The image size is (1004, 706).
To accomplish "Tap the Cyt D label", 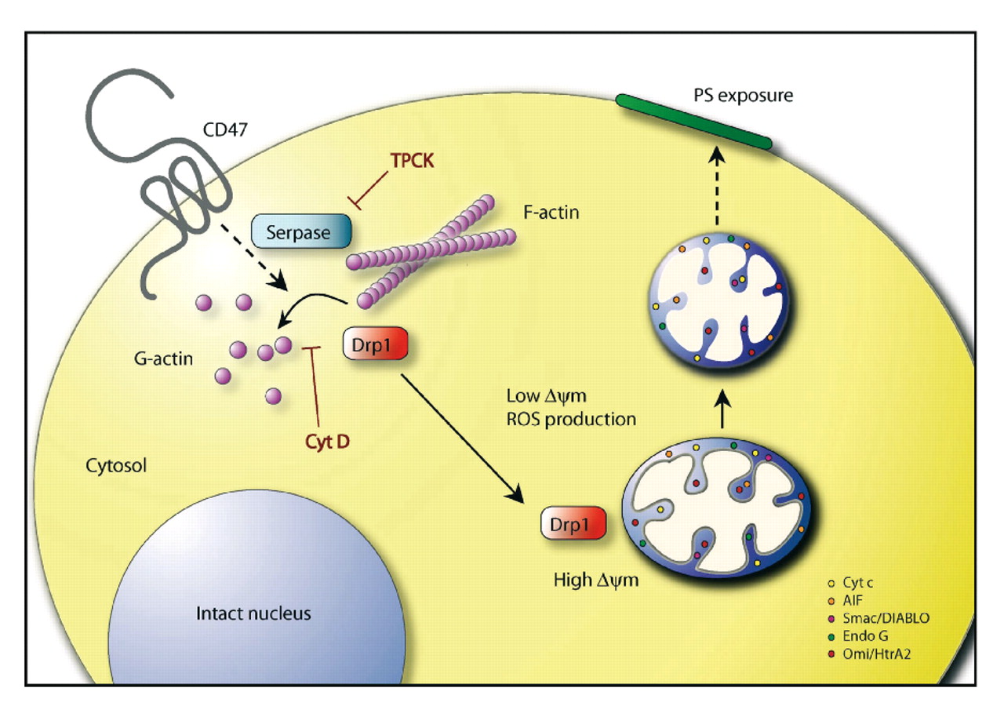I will [x=328, y=441].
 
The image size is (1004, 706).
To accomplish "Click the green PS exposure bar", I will [x=693, y=122].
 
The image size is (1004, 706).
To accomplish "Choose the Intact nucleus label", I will [x=253, y=613].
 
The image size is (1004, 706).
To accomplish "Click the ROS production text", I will [x=571, y=419].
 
